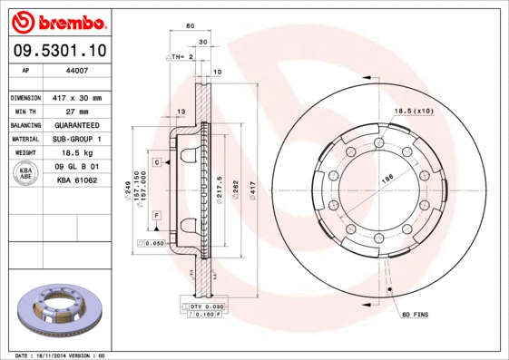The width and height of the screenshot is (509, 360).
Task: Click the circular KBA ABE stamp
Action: tap(26, 174)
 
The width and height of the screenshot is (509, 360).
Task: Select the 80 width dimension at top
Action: tap(189, 26)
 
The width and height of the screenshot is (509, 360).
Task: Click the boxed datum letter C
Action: tap(157, 161)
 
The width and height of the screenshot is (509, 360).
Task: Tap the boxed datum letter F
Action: tap(157, 214)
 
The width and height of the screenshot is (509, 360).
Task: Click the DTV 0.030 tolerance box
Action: tap(206, 307)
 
